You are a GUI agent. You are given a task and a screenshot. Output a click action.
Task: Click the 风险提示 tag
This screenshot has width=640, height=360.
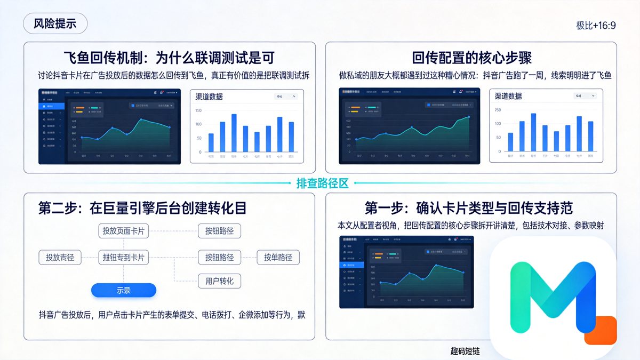tap(55, 23)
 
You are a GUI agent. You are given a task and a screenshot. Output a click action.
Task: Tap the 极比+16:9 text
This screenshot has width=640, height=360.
tap(596, 25)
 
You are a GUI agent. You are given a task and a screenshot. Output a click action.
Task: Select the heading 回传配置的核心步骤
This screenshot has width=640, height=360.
tap(471, 58)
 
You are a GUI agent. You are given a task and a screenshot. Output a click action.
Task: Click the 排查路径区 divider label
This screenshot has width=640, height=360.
tap(322, 183)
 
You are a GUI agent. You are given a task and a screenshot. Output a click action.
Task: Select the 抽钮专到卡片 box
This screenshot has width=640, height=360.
tap(123, 257)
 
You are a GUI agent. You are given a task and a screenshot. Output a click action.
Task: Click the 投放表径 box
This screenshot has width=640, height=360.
tap(60, 257)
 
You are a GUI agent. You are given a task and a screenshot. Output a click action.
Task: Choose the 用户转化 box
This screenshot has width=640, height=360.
tap(219, 281)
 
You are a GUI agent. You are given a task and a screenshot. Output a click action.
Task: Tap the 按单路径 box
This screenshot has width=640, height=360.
tap(278, 257)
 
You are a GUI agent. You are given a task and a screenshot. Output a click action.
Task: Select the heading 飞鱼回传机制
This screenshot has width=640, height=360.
tap(170, 58)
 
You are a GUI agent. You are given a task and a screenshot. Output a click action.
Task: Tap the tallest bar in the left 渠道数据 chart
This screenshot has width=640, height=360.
tap(234, 132)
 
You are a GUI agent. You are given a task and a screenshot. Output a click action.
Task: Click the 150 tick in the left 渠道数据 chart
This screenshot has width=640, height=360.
tap(198, 110)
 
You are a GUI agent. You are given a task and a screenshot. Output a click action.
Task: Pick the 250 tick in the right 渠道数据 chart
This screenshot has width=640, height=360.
tap(498, 110)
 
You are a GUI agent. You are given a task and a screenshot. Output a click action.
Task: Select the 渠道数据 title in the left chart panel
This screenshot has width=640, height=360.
tap(210, 97)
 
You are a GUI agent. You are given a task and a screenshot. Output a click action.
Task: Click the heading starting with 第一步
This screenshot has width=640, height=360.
tap(468, 207)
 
